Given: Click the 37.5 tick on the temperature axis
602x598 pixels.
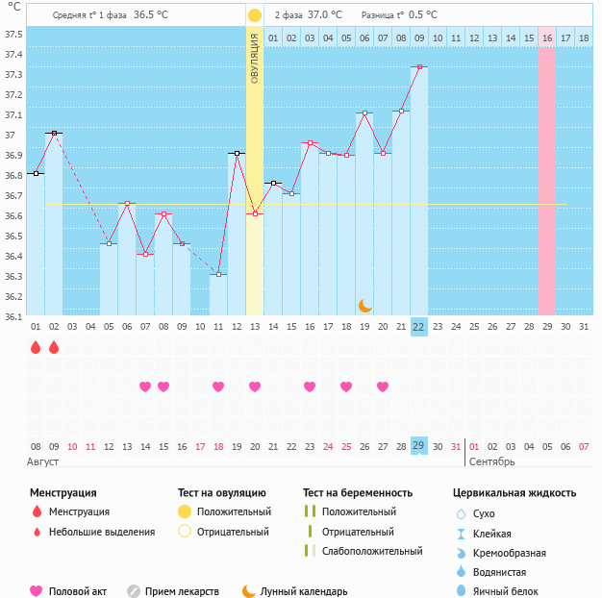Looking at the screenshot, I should coord(14,35).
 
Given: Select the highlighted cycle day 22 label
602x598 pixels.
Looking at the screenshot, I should coord(419,327).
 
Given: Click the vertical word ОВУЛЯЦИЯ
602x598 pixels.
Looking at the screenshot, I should coord(255,58).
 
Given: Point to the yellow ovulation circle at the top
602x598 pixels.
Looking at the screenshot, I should coord(255,15).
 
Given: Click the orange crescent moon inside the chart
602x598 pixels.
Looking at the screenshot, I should coord(364,306).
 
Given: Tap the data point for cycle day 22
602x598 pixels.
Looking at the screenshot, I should coord(419,67).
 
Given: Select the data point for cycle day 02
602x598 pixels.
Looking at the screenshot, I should coord(54,133).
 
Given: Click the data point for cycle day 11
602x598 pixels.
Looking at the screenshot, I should coord(219,275).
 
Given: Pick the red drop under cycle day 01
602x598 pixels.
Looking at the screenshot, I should coord(36,347).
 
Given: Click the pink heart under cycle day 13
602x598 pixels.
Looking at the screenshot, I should coord(255,386).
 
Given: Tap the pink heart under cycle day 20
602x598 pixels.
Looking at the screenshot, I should coord(383,386).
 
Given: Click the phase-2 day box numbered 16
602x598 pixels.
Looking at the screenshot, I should coord(546,38).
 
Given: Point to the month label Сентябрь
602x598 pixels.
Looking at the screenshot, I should coord(493,462).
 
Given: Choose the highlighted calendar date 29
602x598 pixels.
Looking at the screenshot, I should coord(419,446).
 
